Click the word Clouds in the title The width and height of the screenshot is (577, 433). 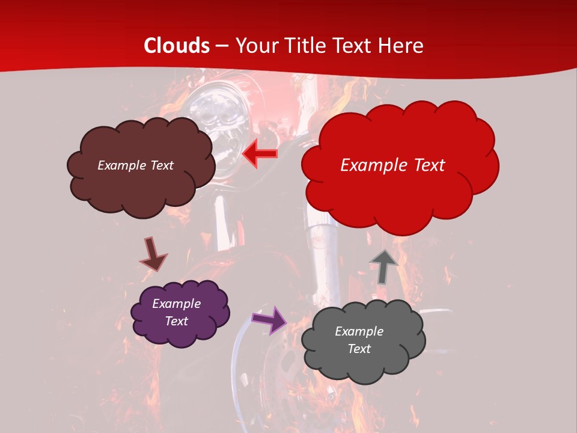click(177, 46)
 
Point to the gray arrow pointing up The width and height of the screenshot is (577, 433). click(383, 266)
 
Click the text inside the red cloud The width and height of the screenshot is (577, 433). click(392, 165)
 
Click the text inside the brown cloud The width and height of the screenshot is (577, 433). click(135, 165)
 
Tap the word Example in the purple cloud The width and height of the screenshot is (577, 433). click(176, 304)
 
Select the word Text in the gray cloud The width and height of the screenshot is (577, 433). click(359, 349)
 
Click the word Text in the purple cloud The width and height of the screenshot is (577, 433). click(176, 321)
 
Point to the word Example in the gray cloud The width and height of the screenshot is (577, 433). click(359, 331)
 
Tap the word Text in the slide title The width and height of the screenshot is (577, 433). click(355, 46)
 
